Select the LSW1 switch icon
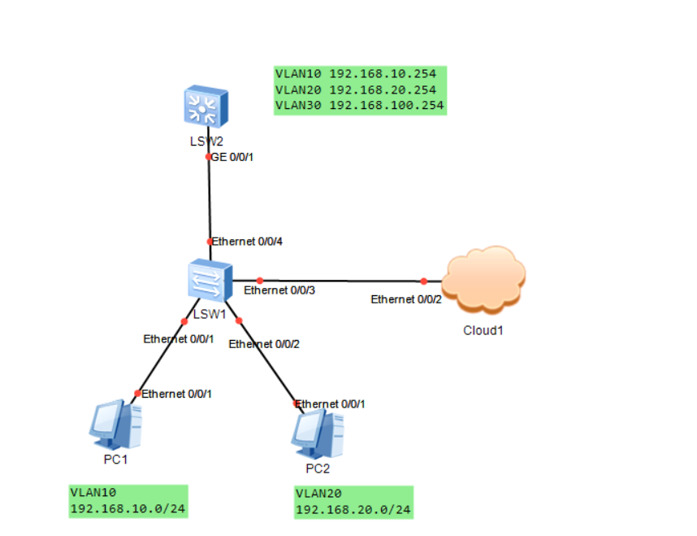coord(209,281)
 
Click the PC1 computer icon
coord(115,425)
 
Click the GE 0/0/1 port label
coord(233,157)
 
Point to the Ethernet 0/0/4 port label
coord(248,242)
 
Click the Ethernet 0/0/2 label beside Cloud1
coord(407,299)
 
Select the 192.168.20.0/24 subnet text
coord(353,510)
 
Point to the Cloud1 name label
coord(484,331)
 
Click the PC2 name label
coord(318,469)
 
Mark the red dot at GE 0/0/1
coord(209,156)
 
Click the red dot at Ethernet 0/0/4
coord(210,242)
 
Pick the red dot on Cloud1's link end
coord(423,281)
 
